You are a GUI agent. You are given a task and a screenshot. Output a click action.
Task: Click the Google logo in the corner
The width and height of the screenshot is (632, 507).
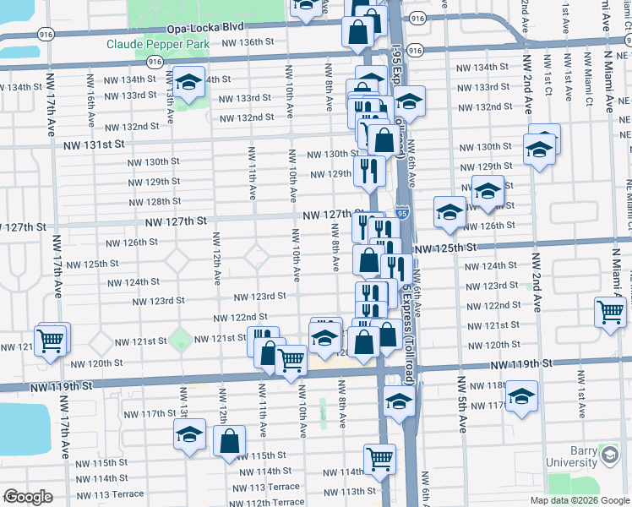point(28,497)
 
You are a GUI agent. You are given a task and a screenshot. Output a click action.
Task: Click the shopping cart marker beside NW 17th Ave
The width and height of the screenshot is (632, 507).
point(52,341)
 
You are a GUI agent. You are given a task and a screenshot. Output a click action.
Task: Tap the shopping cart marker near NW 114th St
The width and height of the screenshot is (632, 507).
point(379,459)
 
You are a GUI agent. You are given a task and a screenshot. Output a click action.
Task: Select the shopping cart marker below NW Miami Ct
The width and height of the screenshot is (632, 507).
point(609,311)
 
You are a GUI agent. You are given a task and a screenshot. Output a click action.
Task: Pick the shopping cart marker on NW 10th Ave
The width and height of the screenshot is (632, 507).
point(291,359)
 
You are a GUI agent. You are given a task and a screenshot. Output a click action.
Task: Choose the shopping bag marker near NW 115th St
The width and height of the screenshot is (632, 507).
point(229,440)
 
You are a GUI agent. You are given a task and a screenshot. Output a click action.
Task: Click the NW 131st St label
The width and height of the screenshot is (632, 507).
point(100,145)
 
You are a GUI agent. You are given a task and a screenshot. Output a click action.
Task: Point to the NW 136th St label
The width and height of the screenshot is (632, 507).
point(248,41)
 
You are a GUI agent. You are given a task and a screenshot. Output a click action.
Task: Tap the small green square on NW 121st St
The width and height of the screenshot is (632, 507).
point(179,341)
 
